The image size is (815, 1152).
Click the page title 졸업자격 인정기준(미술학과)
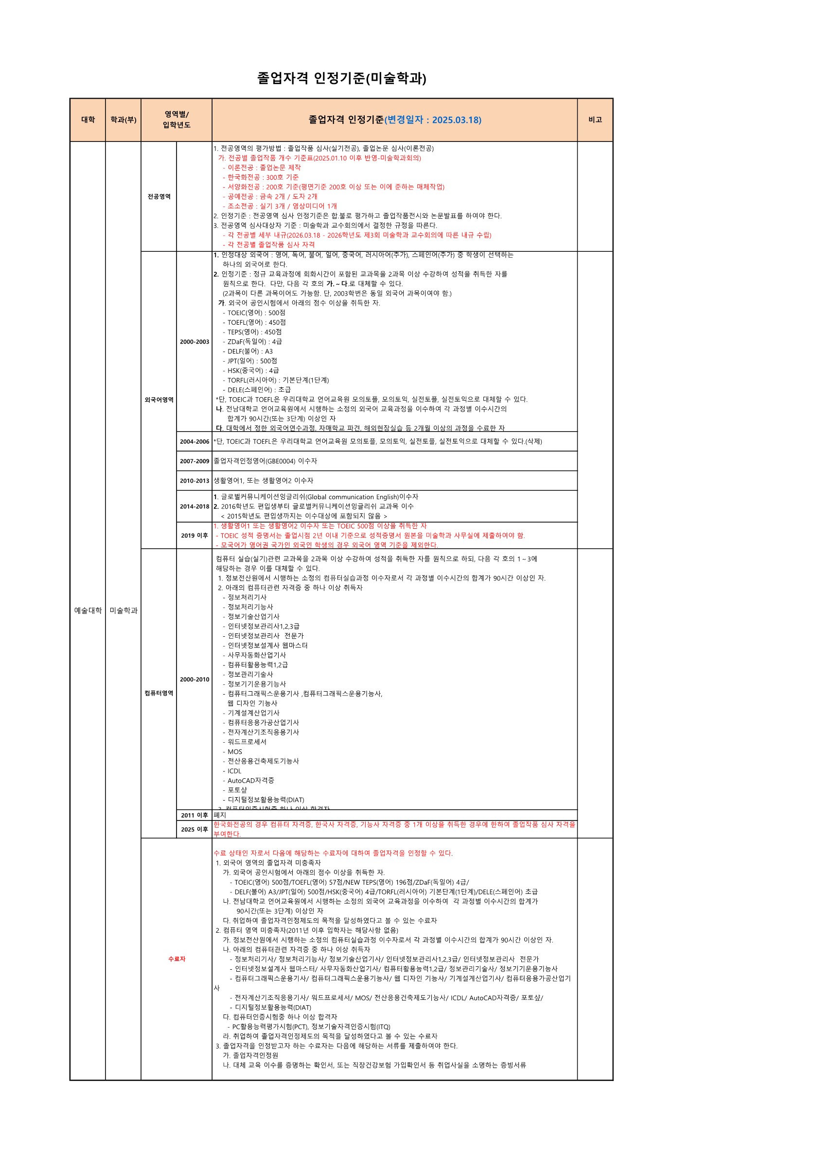point(341,78)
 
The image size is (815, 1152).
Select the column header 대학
point(88,120)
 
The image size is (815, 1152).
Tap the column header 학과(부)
point(124,120)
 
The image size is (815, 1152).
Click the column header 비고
point(595,120)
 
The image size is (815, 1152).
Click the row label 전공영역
point(159,196)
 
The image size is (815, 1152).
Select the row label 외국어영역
point(159,400)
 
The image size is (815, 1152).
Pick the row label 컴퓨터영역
point(159,693)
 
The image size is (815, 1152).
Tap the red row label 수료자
point(177,959)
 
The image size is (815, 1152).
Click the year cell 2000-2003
point(194,342)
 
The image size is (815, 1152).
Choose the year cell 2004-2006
point(194,441)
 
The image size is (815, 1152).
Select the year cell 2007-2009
point(194,461)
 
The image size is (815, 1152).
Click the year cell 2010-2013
point(194,481)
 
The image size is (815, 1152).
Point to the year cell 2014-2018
point(194,506)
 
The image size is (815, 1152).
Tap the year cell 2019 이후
point(194,535)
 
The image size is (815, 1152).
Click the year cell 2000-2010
point(194,680)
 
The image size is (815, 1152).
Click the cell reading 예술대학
point(88,610)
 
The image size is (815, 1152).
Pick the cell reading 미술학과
point(124,610)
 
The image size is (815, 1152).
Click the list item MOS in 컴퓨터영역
point(234,751)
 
